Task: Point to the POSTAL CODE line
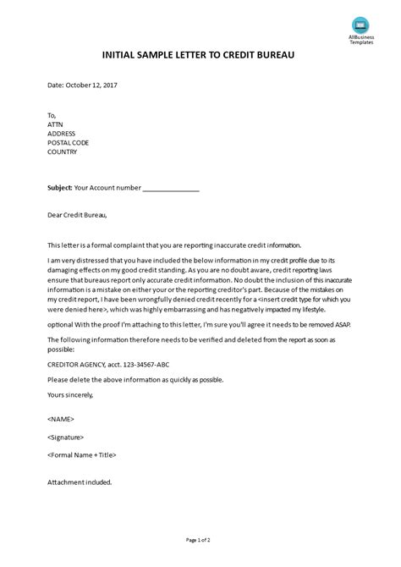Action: (x=69, y=143)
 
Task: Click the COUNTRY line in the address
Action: (x=63, y=153)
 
